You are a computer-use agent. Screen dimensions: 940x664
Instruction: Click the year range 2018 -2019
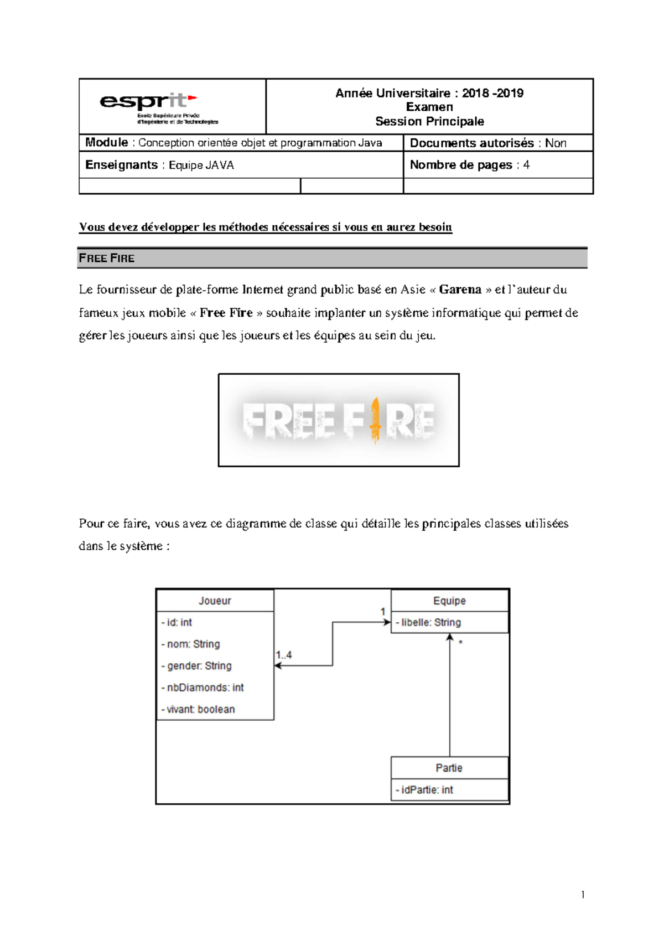click(x=492, y=93)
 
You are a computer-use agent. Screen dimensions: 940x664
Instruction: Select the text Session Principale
click(x=429, y=121)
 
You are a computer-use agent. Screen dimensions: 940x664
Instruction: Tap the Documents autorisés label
click(x=471, y=143)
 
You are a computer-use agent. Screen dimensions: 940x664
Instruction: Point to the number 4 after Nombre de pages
click(x=526, y=165)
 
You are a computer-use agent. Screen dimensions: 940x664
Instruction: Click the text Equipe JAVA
click(x=201, y=165)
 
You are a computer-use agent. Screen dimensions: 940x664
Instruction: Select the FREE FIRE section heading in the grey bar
click(x=107, y=258)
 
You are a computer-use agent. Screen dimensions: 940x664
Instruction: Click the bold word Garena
click(x=460, y=290)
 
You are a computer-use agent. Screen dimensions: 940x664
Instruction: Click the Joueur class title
click(x=215, y=601)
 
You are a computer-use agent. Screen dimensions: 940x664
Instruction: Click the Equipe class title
click(x=449, y=601)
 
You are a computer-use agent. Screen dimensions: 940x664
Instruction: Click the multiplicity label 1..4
click(x=284, y=655)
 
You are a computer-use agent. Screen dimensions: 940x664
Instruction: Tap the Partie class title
click(x=449, y=768)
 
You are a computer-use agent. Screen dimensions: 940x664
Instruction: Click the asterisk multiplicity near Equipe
click(x=460, y=643)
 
